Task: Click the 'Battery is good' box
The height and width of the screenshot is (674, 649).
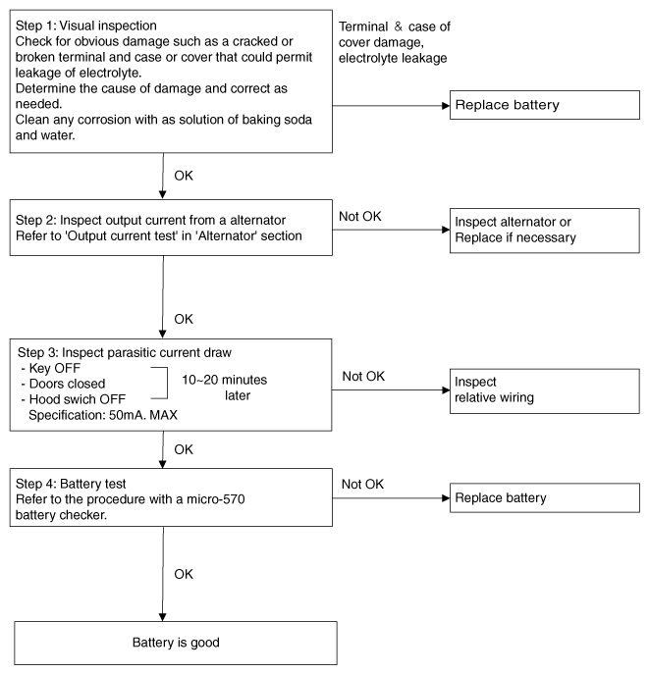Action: [x=176, y=643]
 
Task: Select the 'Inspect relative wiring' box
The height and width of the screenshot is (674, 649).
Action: [x=545, y=390]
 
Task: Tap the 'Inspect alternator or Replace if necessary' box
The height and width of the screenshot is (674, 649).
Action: [x=545, y=231]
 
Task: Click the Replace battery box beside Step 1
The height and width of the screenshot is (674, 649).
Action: [x=545, y=105]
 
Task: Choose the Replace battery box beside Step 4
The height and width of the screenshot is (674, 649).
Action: [x=545, y=497]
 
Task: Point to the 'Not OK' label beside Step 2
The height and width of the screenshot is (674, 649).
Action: [x=360, y=216]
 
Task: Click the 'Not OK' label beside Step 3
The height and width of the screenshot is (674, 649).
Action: [x=363, y=376]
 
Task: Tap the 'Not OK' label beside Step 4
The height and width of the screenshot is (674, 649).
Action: [x=362, y=484]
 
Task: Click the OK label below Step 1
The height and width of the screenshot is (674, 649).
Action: [x=184, y=176]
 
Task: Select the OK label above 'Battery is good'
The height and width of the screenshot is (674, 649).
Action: [x=184, y=574]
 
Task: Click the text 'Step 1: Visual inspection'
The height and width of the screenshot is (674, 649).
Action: [x=86, y=26]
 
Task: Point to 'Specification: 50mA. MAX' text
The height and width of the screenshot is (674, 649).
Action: [x=103, y=415]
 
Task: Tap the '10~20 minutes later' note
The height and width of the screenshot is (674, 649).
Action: [x=225, y=388]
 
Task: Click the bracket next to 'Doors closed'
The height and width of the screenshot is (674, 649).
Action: [x=167, y=383]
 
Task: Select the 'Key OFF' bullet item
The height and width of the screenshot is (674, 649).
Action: [x=51, y=368]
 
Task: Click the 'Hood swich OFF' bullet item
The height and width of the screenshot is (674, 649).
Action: [x=73, y=399]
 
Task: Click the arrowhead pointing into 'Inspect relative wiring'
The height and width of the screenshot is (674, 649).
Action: [x=446, y=390]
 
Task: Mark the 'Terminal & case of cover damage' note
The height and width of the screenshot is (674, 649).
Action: [x=395, y=42]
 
